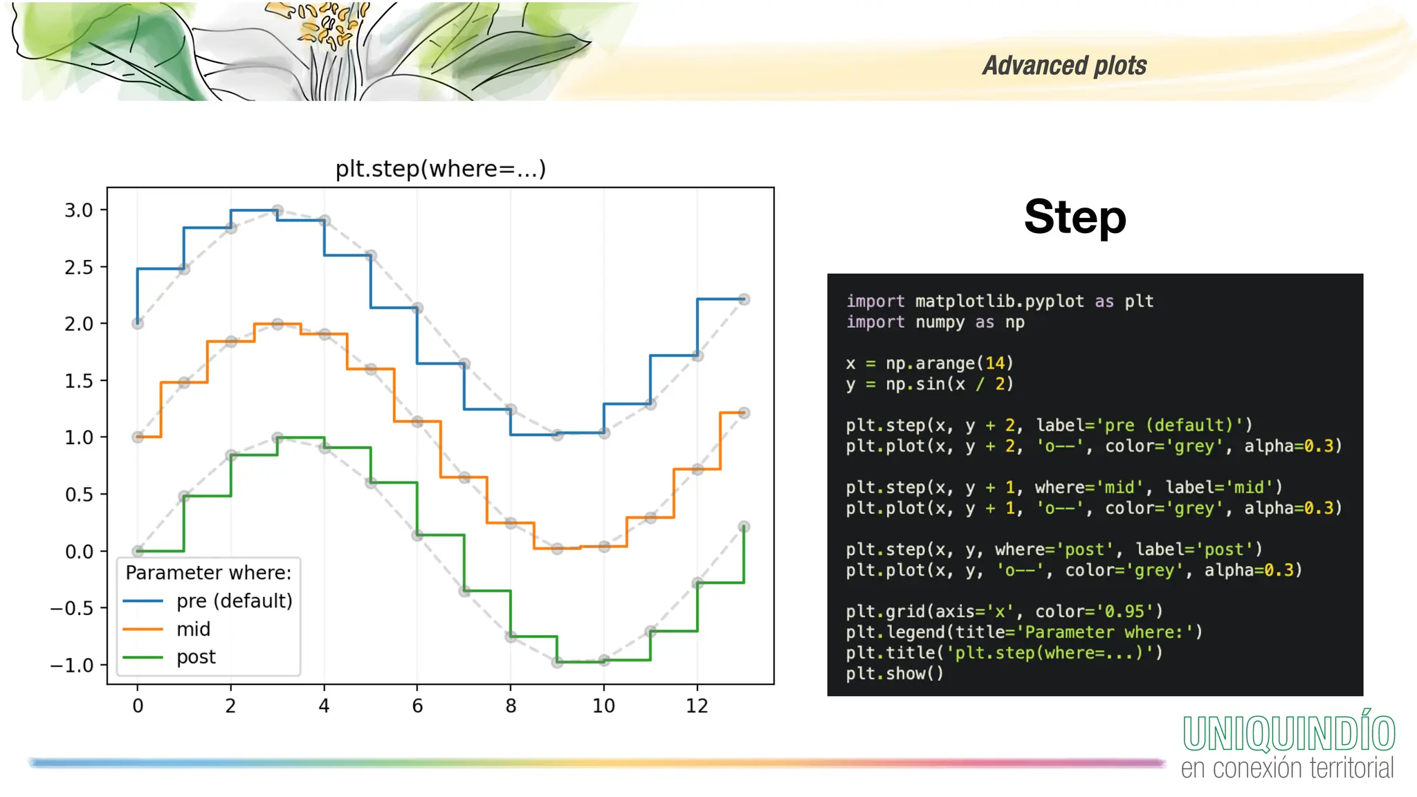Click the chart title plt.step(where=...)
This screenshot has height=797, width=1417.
coord(441,169)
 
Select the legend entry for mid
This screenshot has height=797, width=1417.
coord(193,629)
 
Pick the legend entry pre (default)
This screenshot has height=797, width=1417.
coord(234,601)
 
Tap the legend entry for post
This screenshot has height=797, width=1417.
coord(196,657)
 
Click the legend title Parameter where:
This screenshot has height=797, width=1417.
coord(208,573)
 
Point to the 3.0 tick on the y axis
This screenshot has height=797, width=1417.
coord(79,210)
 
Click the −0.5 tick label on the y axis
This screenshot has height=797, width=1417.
coord(72,608)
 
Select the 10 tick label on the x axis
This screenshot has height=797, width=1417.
coord(603,706)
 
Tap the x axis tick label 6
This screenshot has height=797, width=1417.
coord(417,706)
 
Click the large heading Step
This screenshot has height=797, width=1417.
coord(1075,217)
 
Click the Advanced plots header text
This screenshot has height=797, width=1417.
coord(1064,66)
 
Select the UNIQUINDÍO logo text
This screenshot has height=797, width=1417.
coord(1288,733)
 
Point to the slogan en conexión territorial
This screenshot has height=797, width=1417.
coord(1287,768)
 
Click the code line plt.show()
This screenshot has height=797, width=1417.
coord(895,673)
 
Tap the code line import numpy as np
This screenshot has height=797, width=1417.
coord(935,322)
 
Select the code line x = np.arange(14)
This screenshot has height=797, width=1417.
coord(929,363)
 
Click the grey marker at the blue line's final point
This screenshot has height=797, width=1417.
coord(744,299)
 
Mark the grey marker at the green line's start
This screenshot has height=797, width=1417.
coord(138,551)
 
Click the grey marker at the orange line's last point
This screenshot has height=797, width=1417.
coord(744,413)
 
